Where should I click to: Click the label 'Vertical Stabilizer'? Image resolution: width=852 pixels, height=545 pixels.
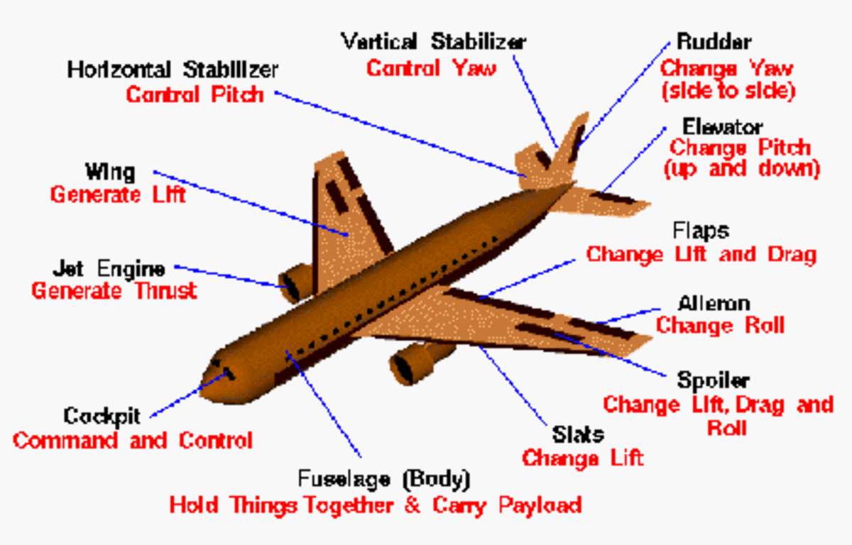click(x=433, y=41)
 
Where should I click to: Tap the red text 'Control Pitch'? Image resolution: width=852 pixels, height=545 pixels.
click(x=195, y=94)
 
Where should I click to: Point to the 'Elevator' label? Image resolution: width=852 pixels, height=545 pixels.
click(x=722, y=128)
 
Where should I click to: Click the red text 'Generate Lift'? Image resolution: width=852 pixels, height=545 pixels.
click(x=118, y=194)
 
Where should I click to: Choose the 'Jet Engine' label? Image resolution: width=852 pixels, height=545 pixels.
click(x=109, y=270)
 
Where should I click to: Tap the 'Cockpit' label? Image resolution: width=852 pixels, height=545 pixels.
click(x=102, y=416)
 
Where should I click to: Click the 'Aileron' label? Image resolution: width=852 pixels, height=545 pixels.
click(x=714, y=304)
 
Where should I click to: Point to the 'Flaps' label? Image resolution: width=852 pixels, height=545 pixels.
click(x=700, y=231)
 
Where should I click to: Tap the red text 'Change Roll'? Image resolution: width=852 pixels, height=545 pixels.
click(x=720, y=326)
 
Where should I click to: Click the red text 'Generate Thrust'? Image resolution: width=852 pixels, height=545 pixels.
click(x=114, y=291)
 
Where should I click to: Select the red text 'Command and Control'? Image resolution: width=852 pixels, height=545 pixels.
click(x=133, y=440)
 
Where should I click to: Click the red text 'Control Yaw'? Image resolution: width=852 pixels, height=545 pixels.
click(x=431, y=68)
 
